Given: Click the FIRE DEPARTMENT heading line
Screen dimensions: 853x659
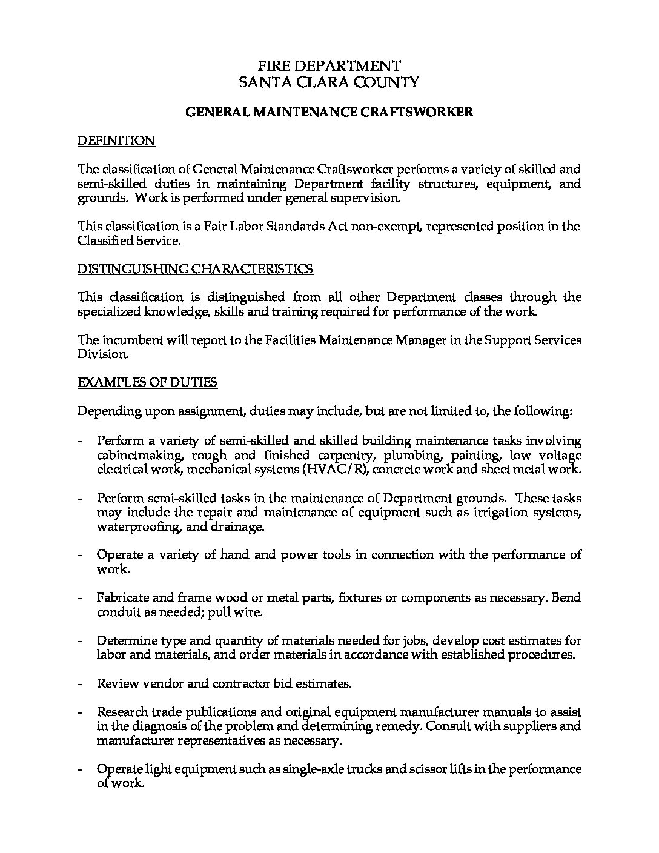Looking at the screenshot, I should [329, 66].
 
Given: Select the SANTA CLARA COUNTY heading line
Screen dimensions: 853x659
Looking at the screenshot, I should [329, 82].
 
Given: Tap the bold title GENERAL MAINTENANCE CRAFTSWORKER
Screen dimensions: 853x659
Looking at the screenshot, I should [329, 112].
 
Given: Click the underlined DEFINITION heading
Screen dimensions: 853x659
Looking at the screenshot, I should [116, 141].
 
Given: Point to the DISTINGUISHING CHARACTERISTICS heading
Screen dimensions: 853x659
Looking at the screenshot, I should [195, 269].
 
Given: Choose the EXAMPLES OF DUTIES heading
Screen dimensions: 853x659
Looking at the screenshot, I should [147, 382].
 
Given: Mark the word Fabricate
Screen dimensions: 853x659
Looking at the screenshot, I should [121, 598].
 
